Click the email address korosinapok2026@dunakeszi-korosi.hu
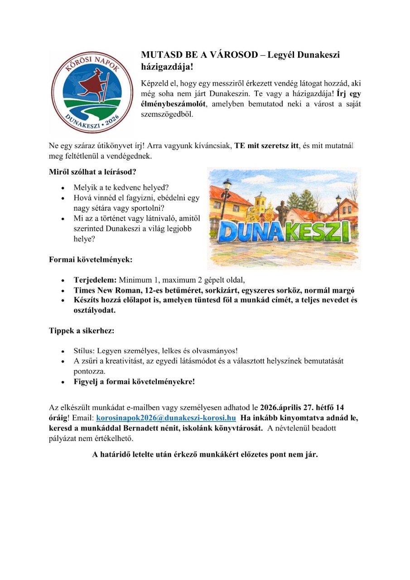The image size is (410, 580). click(166, 418)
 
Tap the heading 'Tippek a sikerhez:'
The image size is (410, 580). click(82, 330)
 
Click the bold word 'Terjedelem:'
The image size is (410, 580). click(95, 280)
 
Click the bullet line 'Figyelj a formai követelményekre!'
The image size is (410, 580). click(134, 381)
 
